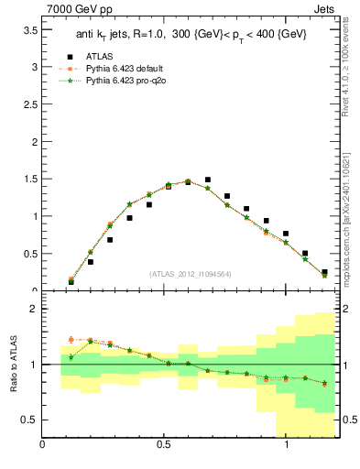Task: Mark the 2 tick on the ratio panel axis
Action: coord(33,309)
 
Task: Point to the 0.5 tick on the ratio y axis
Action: coord(30,420)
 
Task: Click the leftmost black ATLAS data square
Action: coord(71,282)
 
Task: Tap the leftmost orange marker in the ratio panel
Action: coord(71,340)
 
